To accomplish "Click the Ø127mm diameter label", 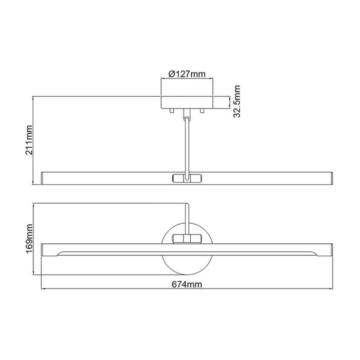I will point(188,74).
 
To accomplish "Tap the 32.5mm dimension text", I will point(238,102).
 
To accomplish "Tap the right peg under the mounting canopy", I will point(203,110).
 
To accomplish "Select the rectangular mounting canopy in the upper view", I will point(188,102).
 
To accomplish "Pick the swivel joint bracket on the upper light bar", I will point(188,178).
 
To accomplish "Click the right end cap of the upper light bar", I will point(332,178).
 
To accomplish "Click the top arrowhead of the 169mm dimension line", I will point(33,204).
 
